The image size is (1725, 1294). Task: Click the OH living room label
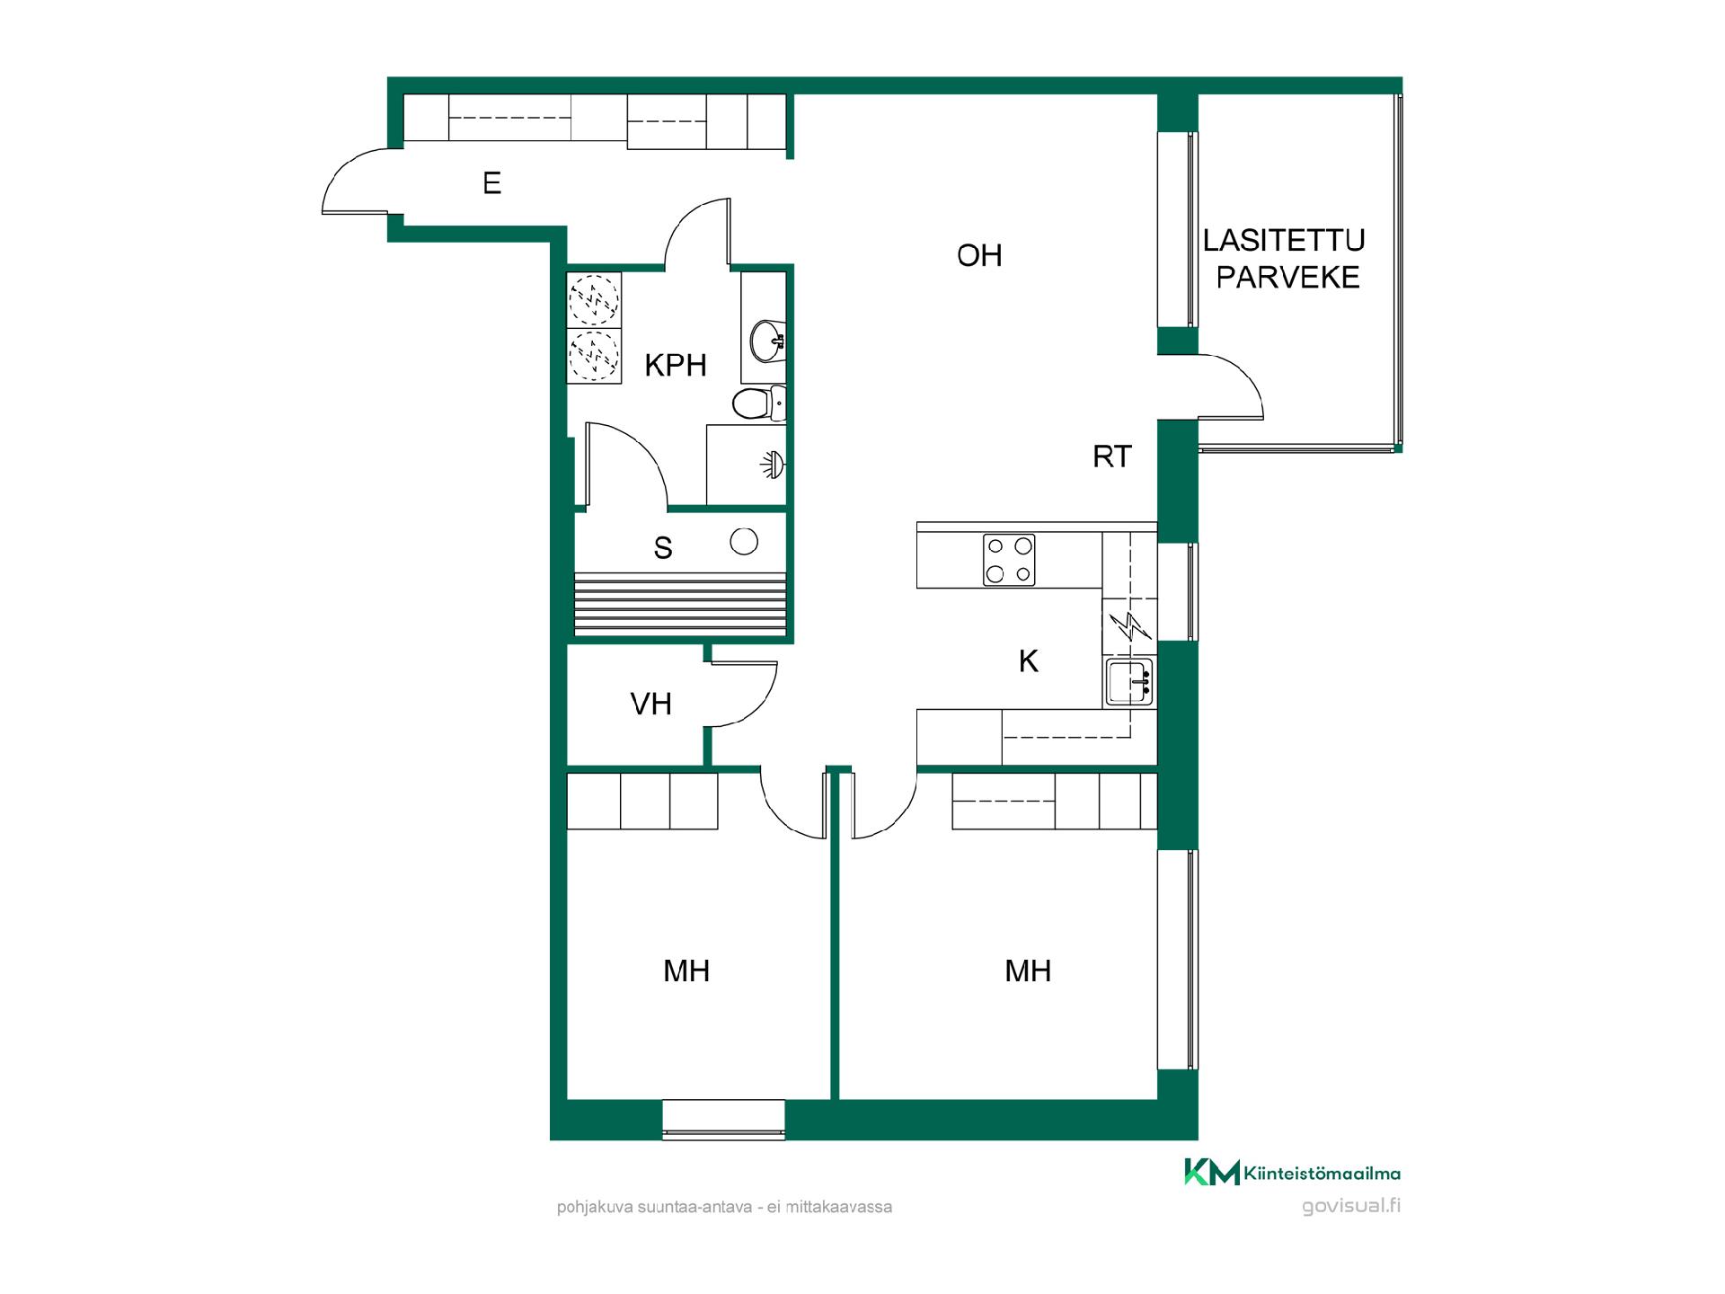pyautogui.click(x=979, y=256)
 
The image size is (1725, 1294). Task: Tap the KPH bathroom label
pyautogui.click(x=676, y=366)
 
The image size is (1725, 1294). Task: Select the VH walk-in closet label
pyautogui.click(x=651, y=704)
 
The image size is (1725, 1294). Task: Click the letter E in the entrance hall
pyautogui.click(x=491, y=183)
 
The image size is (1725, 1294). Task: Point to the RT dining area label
pyautogui.click(x=1112, y=456)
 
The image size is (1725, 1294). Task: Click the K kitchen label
pyautogui.click(x=1029, y=661)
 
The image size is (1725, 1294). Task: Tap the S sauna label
pyautogui.click(x=663, y=548)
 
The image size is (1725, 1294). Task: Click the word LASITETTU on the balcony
pyautogui.click(x=1284, y=240)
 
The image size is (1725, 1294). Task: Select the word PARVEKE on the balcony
pyautogui.click(x=1288, y=278)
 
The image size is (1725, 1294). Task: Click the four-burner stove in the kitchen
pyautogui.click(x=1009, y=560)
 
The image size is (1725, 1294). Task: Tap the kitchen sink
pyautogui.click(x=1129, y=682)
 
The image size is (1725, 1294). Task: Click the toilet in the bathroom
pyautogui.click(x=758, y=404)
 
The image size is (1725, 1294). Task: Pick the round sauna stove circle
pyautogui.click(x=744, y=542)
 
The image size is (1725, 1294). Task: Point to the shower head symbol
pyautogui.click(x=773, y=465)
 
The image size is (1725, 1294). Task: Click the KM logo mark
pyautogui.click(x=1212, y=1172)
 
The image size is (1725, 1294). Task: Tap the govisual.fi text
pyautogui.click(x=1351, y=1206)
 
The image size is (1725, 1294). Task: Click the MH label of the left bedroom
pyautogui.click(x=686, y=971)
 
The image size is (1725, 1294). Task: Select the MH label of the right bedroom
pyautogui.click(x=1028, y=971)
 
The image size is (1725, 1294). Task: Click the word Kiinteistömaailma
pyautogui.click(x=1322, y=1173)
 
